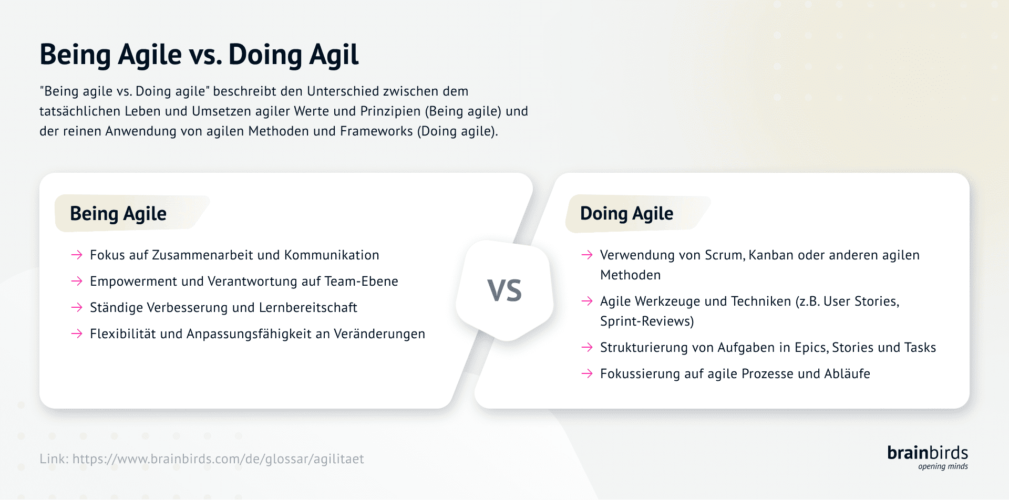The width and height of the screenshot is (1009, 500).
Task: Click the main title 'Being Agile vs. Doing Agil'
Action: click(x=199, y=55)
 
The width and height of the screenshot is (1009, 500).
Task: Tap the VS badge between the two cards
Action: click(x=504, y=290)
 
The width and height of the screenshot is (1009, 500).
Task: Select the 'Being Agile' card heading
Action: click(x=118, y=214)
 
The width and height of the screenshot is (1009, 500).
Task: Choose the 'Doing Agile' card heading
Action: click(x=626, y=214)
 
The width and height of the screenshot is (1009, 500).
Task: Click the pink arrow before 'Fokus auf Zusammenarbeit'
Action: click(x=77, y=255)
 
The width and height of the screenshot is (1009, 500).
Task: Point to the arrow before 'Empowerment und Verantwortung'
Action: click(x=77, y=282)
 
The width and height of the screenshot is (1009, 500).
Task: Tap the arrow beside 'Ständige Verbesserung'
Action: click(x=77, y=308)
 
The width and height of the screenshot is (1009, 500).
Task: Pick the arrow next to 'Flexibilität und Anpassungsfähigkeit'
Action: click(x=77, y=334)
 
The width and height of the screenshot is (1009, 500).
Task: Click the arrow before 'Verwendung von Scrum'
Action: click(x=587, y=255)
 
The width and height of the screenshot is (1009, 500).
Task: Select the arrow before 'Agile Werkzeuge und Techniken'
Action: click(x=587, y=301)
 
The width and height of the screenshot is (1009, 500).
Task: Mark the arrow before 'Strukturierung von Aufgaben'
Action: click(x=587, y=348)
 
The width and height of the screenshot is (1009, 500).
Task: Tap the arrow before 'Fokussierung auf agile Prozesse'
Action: click(x=587, y=374)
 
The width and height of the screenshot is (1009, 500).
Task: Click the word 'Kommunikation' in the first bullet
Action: click(x=332, y=255)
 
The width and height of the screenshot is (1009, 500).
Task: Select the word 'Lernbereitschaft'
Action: click(x=308, y=308)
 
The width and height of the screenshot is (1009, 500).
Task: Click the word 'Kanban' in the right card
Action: click(x=771, y=255)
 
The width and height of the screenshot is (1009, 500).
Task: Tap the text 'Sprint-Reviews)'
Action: click(x=647, y=321)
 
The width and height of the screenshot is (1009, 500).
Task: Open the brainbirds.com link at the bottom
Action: click(x=218, y=459)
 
